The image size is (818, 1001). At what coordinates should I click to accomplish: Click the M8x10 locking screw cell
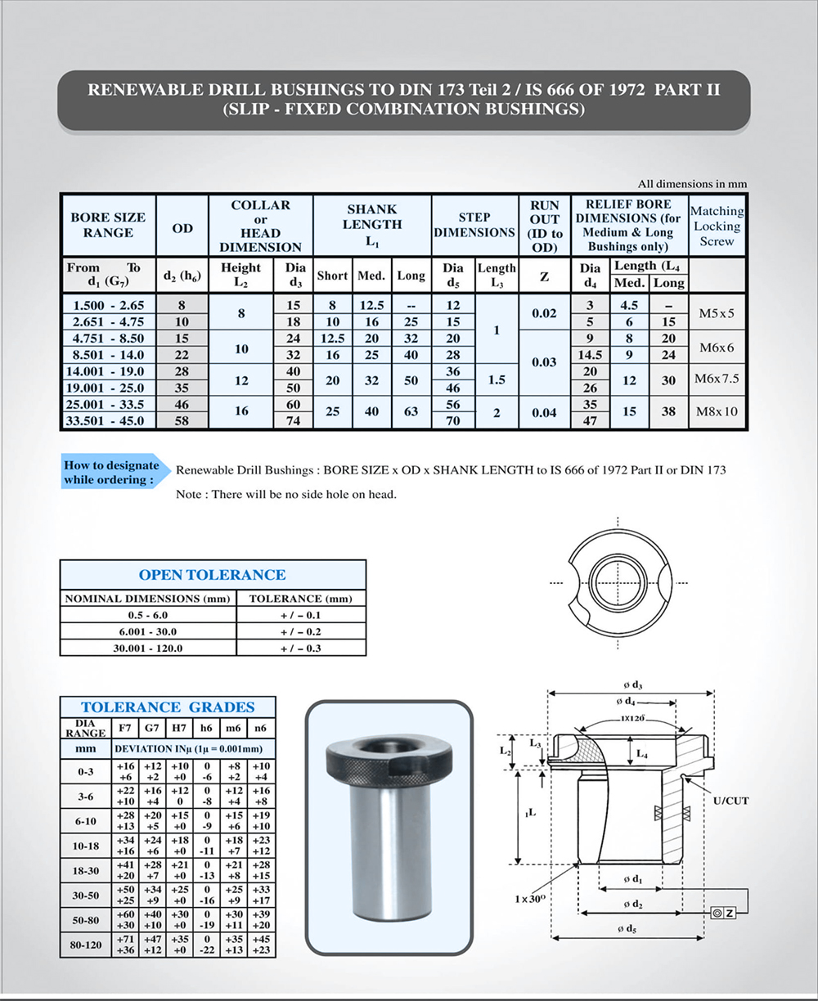pyautogui.click(x=717, y=411)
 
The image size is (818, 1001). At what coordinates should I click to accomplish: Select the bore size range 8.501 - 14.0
pyautogui.click(x=107, y=355)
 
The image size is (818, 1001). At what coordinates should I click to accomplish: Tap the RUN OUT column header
pyautogui.click(x=544, y=226)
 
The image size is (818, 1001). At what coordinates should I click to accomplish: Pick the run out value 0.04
pyautogui.click(x=544, y=412)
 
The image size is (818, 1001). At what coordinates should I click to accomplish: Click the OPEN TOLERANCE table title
pyautogui.click(x=212, y=575)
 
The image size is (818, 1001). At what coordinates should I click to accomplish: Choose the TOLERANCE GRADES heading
pyautogui.click(x=168, y=707)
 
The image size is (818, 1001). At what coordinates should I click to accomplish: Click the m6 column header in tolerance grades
pyautogui.click(x=233, y=728)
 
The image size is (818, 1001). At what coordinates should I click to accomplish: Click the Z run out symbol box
pyautogui.click(x=724, y=912)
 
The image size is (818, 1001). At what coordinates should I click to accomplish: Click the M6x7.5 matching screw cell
pyautogui.click(x=717, y=379)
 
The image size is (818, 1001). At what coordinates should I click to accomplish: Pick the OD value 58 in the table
pyautogui.click(x=182, y=420)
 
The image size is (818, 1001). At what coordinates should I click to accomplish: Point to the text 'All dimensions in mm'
pyautogui.click(x=692, y=184)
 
